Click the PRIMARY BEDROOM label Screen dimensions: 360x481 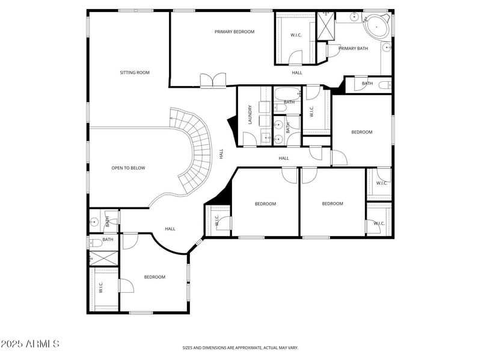(x=234, y=32)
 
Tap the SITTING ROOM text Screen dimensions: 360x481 (x=135, y=73)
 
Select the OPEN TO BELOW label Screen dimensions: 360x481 (x=128, y=168)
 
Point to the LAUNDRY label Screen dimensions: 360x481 (x=250, y=115)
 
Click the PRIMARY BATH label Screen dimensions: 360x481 (x=353, y=49)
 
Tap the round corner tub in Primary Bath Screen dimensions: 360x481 (x=377, y=26)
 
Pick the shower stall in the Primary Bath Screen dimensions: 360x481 (x=326, y=25)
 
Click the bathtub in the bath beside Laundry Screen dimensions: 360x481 (x=286, y=94)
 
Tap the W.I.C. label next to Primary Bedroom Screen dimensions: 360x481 (x=296, y=35)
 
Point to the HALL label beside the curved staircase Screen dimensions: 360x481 (x=221, y=154)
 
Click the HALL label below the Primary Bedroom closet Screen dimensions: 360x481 (x=297, y=73)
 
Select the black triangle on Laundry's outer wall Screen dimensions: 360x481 (x=231, y=127)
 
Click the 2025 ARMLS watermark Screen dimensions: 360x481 (x=30, y=344)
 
